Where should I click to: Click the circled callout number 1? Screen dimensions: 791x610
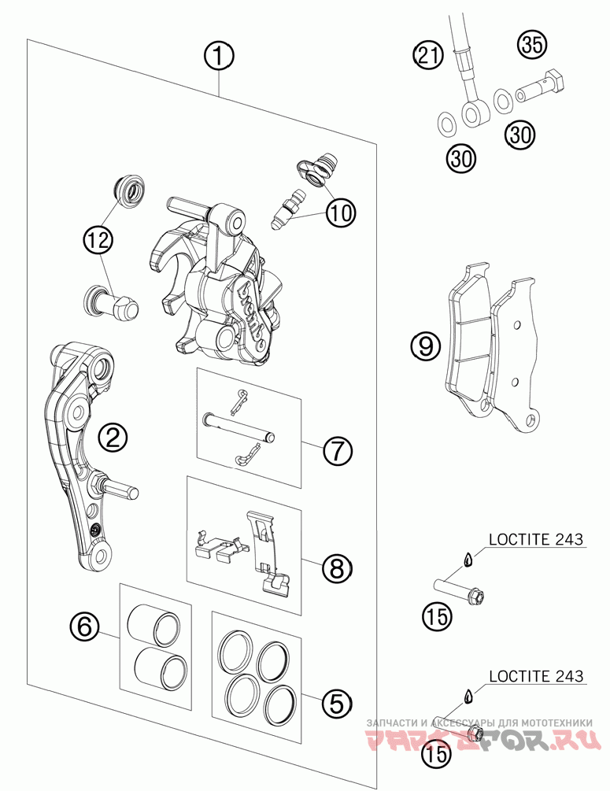point(220,55)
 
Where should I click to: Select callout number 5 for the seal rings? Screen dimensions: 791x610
point(336,702)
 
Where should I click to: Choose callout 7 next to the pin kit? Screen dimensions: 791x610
point(337,451)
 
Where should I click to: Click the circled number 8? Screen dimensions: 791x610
point(337,567)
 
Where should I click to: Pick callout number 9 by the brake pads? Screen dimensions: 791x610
point(425,346)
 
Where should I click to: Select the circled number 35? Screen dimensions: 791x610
point(533,46)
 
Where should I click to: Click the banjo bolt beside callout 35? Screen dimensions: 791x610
point(543,87)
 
